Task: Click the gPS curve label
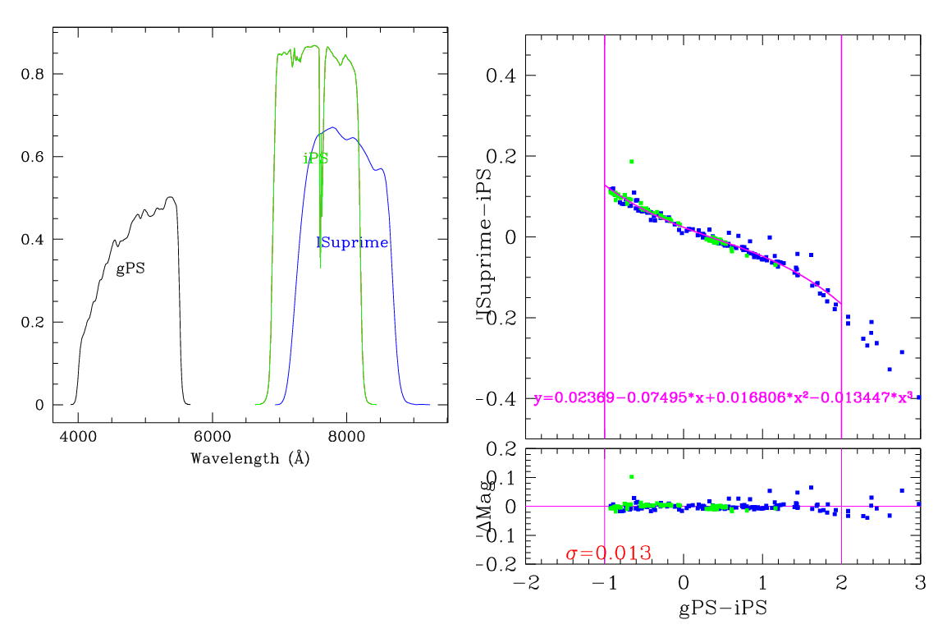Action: [x=130, y=269]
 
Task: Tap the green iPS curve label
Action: [x=316, y=158]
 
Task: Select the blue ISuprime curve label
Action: [x=352, y=242]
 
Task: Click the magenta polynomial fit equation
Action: [x=723, y=399]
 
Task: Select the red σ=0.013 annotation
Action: [x=609, y=553]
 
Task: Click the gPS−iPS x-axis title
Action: [x=722, y=608]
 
